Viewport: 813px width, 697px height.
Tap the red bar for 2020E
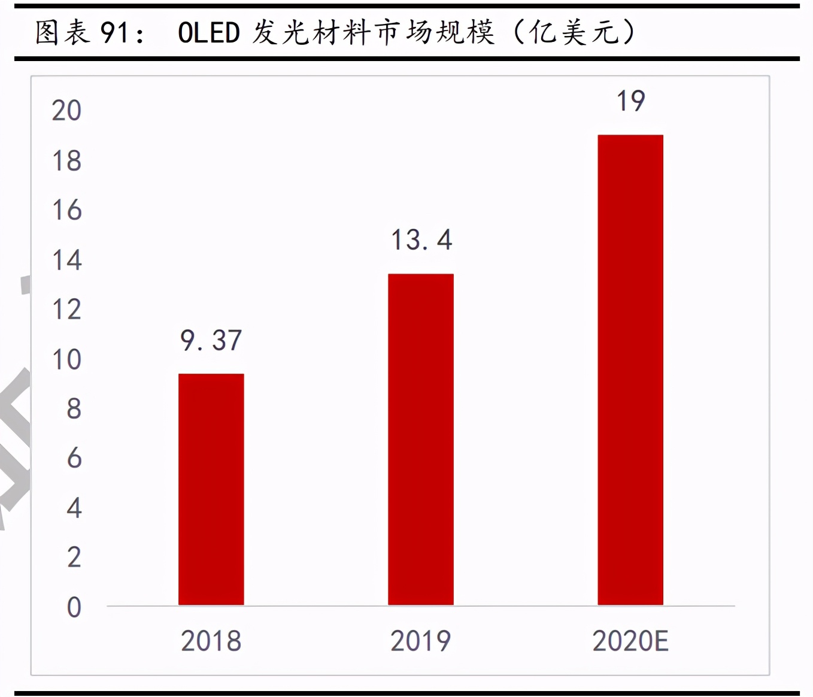[630, 369]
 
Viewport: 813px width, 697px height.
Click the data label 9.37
[211, 341]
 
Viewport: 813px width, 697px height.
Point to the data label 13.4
[421, 240]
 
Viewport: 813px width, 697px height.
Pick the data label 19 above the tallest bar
[630, 101]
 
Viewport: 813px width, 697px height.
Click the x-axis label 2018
[211, 641]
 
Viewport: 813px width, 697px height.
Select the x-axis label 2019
[420, 641]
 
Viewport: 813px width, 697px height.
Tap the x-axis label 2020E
[630, 641]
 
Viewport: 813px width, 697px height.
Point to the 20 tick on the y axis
[66, 111]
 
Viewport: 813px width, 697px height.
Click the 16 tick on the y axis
[66, 211]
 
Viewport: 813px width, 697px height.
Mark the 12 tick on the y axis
[66, 310]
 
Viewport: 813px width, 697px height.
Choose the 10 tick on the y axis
[66, 360]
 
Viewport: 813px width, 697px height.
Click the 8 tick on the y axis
[74, 409]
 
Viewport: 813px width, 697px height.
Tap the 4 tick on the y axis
[74, 508]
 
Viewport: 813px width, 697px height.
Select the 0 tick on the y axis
[74, 607]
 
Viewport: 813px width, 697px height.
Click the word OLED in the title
[208, 33]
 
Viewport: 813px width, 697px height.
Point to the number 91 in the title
[114, 33]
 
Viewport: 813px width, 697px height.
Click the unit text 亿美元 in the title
[574, 32]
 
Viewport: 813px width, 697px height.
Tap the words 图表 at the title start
[62, 32]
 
